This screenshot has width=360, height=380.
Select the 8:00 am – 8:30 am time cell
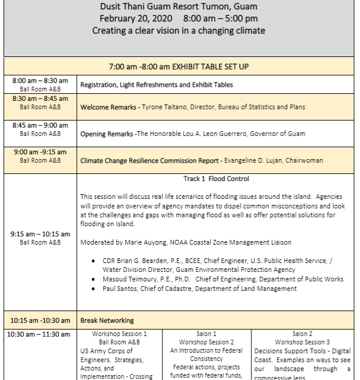pos(40,84)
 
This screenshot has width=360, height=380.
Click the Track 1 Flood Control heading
pos(216,179)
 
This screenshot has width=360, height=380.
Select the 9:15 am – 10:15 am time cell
pos(40,237)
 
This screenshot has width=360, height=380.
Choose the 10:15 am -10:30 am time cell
pos(40,320)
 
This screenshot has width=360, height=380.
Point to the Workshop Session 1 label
pos(119,334)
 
